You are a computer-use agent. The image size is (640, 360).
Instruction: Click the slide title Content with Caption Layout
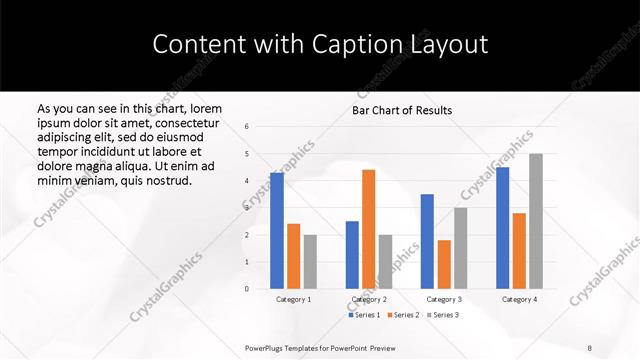320,44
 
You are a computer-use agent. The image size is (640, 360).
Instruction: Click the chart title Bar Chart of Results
402,110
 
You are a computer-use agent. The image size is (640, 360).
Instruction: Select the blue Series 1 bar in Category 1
276,231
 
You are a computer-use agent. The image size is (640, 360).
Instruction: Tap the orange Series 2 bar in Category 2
368,229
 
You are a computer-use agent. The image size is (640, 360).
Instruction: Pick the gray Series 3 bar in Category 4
536,221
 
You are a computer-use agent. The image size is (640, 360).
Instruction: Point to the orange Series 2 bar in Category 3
444,264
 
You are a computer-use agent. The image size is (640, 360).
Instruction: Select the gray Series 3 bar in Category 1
310,262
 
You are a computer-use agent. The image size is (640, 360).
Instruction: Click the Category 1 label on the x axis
293,299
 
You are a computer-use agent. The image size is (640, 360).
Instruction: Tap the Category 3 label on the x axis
444,299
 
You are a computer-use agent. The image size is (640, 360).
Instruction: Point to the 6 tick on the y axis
247,127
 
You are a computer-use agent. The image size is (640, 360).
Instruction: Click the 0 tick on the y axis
247,289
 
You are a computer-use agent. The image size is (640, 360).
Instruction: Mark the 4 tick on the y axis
247,181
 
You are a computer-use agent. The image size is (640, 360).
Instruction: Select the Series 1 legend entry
364,315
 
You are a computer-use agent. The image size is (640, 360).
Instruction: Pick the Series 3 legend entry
443,315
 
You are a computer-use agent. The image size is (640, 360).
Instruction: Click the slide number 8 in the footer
590,347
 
